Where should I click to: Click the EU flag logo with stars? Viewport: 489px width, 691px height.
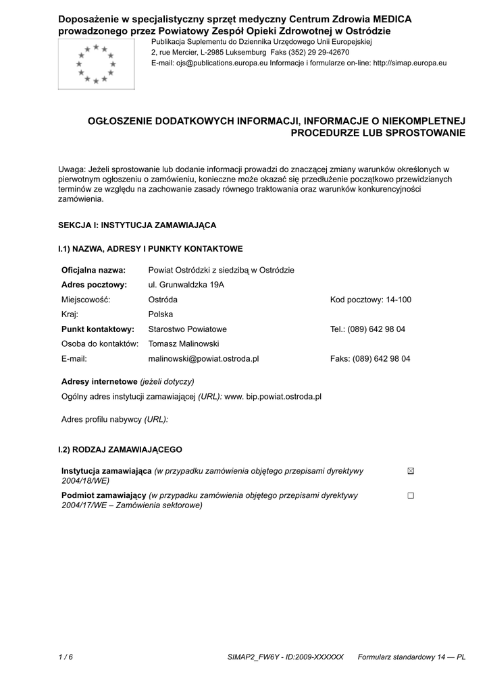click(96, 63)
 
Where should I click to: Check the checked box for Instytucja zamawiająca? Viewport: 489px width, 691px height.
click(411, 471)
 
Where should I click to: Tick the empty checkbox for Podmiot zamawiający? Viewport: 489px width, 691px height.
click(411, 496)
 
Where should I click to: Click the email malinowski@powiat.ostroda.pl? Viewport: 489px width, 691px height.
click(203, 359)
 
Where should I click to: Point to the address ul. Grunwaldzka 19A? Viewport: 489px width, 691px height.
click(186, 285)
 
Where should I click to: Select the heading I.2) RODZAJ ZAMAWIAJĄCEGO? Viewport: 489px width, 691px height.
click(120, 449)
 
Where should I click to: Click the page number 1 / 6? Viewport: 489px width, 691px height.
click(66, 657)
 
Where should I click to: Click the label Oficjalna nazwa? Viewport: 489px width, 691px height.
click(93, 270)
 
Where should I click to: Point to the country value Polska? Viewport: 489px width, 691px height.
click(161, 314)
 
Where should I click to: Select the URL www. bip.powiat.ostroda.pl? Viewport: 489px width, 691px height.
click(272, 396)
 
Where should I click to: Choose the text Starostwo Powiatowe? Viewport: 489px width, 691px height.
click(187, 329)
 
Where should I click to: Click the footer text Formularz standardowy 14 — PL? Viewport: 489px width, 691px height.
click(411, 657)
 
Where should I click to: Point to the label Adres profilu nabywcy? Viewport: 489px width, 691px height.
click(101, 419)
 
